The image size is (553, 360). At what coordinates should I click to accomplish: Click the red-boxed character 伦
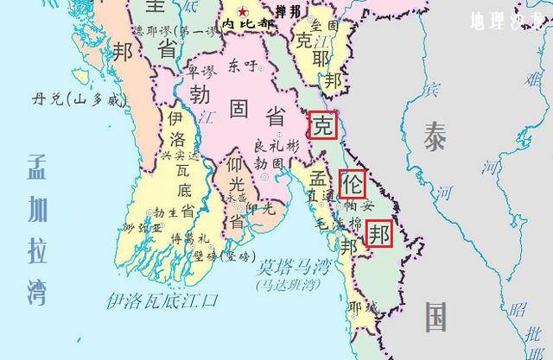click(x=353, y=184)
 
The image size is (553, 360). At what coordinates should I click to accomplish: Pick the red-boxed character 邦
click(x=379, y=233)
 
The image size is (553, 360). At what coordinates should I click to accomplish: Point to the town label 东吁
click(x=242, y=66)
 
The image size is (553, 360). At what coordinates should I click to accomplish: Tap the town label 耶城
click(x=362, y=306)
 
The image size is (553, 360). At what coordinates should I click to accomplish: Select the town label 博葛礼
click(x=189, y=237)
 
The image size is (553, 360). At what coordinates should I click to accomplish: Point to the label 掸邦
click(x=289, y=11)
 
